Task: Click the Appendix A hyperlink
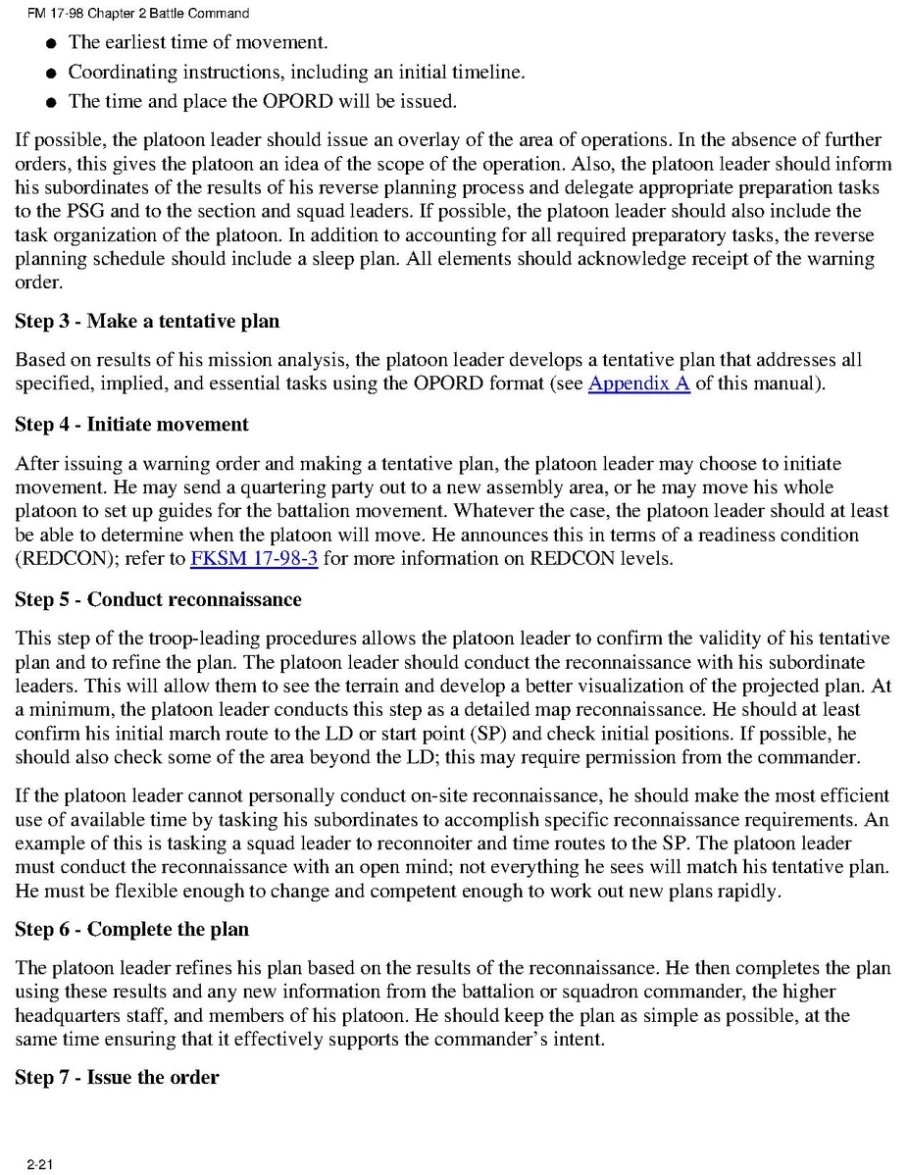pos(638,383)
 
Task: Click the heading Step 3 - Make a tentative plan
pos(147,322)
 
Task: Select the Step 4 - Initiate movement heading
pos(131,425)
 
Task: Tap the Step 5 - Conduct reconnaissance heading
pos(158,598)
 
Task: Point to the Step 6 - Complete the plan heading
pos(131,929)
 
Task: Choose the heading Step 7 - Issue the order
pos(117,1077)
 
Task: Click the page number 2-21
pos(40,1164)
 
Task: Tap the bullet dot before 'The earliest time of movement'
pos(49,44)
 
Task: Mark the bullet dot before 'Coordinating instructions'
pos(49,74)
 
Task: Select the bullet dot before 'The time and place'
pos(49,103)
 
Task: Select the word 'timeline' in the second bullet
pos(488,73)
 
